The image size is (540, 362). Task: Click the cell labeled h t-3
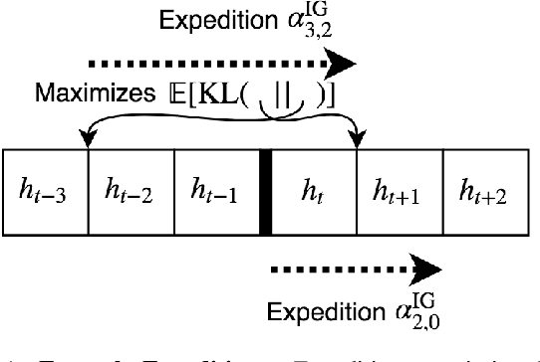coord(46,192)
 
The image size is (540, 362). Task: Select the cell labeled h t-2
coord(132,192)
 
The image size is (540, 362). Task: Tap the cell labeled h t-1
coord(216,192)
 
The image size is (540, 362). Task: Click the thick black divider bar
coord(266,192)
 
